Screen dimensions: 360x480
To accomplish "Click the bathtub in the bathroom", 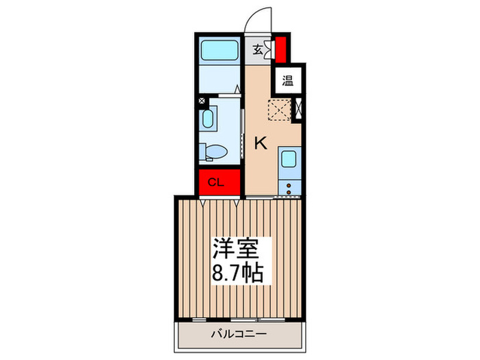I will [219, 51].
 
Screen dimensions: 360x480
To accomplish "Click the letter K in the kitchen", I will [261, 143].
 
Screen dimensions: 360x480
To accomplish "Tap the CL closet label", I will [215, 182].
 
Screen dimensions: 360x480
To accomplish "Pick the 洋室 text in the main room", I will [231, 248].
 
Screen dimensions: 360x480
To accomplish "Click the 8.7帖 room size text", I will [231, 270].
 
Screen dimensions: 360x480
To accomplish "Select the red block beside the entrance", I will [281, 49].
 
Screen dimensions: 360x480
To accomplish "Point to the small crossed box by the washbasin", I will [202, 101].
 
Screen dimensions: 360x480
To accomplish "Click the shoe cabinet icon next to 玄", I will [270, 49].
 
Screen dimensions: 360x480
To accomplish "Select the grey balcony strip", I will [237, 334].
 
